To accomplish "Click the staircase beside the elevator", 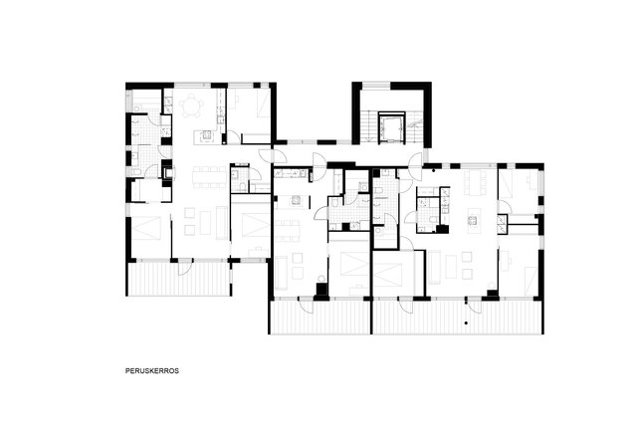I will click(368, 126).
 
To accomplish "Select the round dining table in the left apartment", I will click(192, 105).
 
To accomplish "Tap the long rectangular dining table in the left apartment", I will click(207, 176).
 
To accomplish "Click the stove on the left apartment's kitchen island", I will click(206, 135).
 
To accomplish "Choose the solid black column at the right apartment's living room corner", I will click(493, 294).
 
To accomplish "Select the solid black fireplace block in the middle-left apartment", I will click(320, 290).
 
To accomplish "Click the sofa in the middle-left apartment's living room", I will click(282, 272).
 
